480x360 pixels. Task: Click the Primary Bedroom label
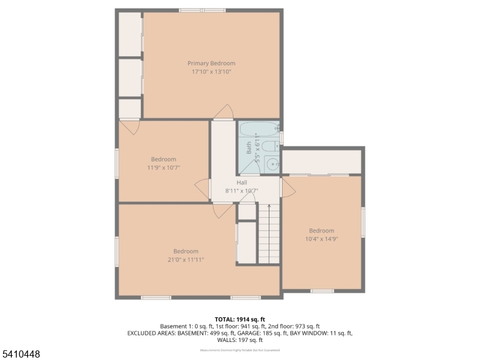click(x=211, y=63)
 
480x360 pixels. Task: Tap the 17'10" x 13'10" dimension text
click(x=211, y=71)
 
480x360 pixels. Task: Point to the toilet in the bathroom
click(x=269, y=146)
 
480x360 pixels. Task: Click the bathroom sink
click(x=272, y=163)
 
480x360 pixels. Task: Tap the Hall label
click(x=242, y=182)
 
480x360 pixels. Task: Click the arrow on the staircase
click(x=269, y=208)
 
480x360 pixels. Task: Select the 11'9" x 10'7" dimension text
click(x=163, y=167)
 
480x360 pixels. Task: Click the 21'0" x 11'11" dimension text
click(x=185, y=260)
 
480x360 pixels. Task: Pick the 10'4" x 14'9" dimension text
click(x=322, y=239)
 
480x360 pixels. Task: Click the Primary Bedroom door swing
click(x=224, y=112)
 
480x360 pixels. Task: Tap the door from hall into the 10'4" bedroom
click(x=287, y=187)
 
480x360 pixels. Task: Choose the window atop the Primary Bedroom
click(x=202, y=10)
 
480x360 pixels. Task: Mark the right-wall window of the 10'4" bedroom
click(x=363, y=222)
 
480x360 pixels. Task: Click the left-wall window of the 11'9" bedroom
click(x=117, y=163)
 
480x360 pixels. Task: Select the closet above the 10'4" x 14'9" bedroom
click(x=322, y=162)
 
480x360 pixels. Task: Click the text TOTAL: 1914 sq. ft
click(x=239, y=319)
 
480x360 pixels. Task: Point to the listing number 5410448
click(x=20, y=354)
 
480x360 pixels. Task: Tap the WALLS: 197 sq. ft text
click(x=239, y=340)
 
